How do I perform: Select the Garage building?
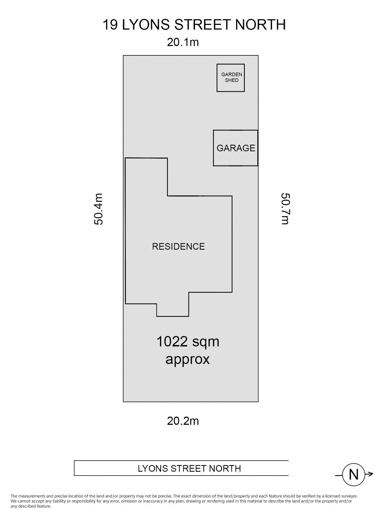click(x=235, y=148)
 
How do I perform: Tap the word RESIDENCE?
click(x=178, y=247)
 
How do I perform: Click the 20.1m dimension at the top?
click(x=183, y=42)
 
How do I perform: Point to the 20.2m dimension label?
click(x=183, y=421)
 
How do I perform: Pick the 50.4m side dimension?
click(x=99, y=209)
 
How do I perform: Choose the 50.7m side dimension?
click(x=285, y=209)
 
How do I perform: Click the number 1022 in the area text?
click(x=172, y=342)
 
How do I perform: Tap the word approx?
click(x=188, y=359)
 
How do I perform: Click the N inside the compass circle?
click(x=353, y=475)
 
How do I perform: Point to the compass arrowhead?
click(x=371, y=474)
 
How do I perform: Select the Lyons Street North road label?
click(x=189, y=468)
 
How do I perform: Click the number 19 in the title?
click(x=110, y=25)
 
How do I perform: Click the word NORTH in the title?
click(x=260, y=25)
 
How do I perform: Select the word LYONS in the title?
click(x=146, y=25)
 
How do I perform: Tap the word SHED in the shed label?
click(x=232, y=80)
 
